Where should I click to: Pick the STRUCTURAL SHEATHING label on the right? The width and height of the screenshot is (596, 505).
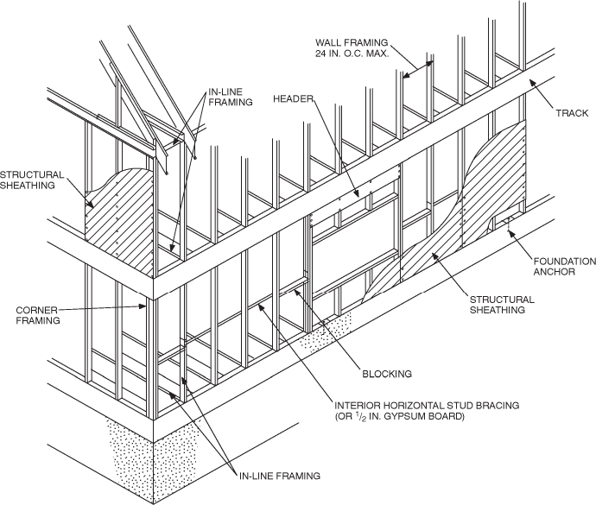tap(502, 304)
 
